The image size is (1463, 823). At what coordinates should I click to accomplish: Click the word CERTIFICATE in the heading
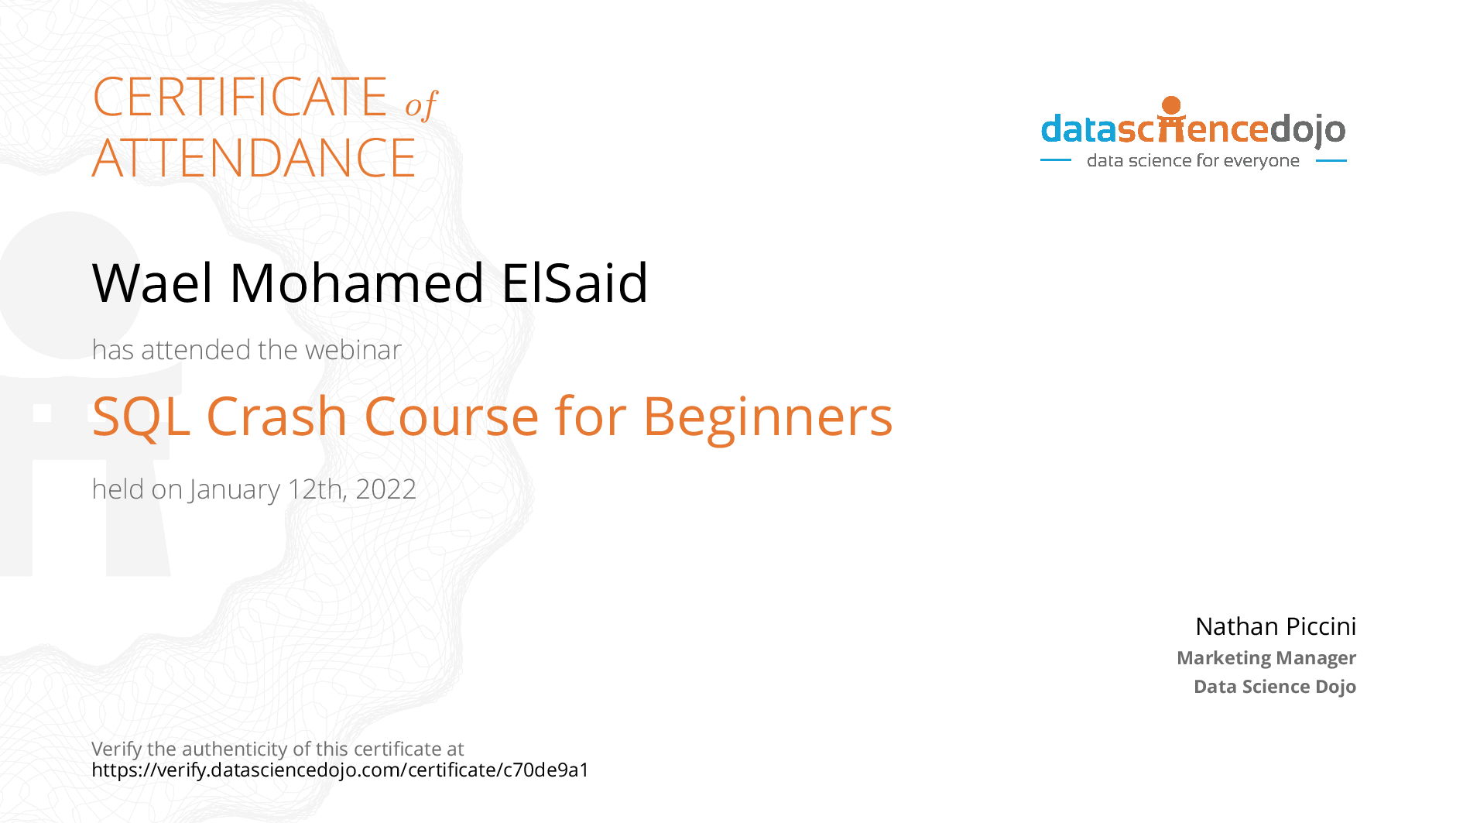pos(240,97)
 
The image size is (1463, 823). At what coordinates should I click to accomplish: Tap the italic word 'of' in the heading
pos(421,105)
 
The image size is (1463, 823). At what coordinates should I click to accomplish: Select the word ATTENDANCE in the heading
pos(254,158)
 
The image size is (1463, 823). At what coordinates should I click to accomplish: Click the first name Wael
pos(152,283)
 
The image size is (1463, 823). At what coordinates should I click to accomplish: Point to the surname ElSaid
pos(574,283)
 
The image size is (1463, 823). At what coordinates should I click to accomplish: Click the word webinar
pos(353,350)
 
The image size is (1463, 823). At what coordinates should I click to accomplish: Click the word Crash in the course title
pos(276,417)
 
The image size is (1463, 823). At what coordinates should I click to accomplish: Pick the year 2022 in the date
pos(385,489)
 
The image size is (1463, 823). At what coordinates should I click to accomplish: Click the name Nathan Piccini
pos(1276,626)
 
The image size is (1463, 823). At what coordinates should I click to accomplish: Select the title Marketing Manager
pos(1266,658)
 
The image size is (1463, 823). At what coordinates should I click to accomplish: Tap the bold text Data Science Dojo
pos(1275,687)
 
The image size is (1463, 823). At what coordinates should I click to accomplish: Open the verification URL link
pos(341,770)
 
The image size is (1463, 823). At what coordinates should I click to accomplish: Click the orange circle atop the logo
pos(1171,105)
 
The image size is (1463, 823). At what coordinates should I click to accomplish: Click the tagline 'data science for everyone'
pos(1193,161)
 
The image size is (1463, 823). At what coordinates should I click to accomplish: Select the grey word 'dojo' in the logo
pos(1307,130)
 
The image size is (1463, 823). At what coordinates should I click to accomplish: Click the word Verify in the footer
pos(117,749)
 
